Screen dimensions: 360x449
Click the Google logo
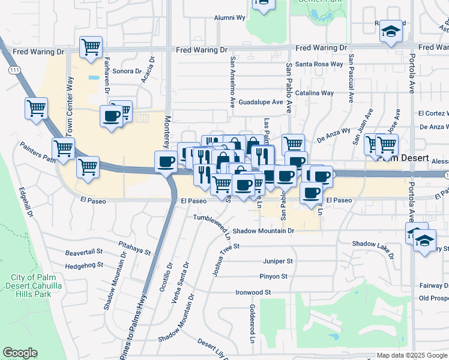point(20,353)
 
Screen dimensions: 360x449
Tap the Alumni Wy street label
point(230,18)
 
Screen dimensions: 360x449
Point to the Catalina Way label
point(319,93)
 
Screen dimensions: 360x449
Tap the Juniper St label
point(277,261)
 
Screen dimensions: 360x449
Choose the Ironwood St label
point(254,292)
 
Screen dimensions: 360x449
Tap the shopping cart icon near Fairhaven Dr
point(91,46)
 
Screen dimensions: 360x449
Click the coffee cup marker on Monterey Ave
point(166,161)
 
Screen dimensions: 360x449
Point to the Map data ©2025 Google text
point(412,355)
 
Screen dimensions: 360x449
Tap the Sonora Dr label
point(126,71)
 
